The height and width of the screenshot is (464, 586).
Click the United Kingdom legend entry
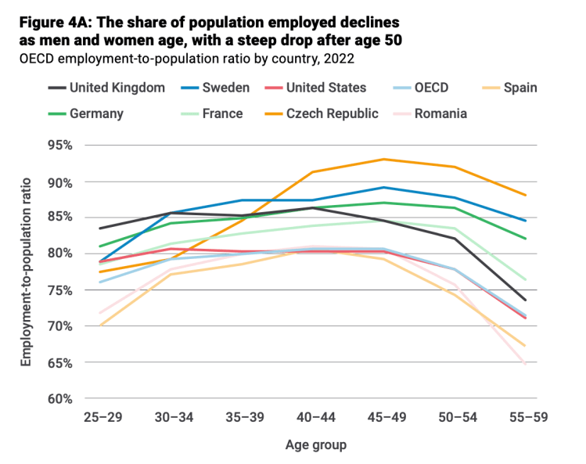(117, 88)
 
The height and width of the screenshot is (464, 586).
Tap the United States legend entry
(325, 88)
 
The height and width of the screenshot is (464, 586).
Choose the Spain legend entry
(519, 88)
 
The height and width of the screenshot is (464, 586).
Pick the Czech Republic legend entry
(332, 113)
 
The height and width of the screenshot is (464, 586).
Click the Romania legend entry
(440, 113)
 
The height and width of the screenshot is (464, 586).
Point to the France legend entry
(222, 113)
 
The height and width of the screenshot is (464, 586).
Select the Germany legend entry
(96, 113)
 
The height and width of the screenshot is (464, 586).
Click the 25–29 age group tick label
(101, 419)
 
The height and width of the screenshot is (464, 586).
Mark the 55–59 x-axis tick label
(525, 419)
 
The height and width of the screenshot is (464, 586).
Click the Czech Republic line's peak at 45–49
(383, 159)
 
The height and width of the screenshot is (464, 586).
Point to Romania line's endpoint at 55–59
(525, 363)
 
